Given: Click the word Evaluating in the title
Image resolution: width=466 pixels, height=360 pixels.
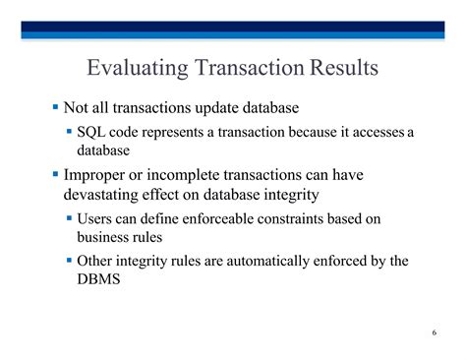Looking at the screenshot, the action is [138, 68].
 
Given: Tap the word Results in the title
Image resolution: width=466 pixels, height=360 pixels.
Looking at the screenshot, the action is [344, 67].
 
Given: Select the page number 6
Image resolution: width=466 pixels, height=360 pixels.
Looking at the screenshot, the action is [435, 332].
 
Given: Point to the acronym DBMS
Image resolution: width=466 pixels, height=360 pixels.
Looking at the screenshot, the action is [98, 278].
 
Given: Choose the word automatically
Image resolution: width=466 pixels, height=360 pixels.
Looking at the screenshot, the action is [267, 262].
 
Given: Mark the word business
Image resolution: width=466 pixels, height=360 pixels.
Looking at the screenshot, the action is [98, 237].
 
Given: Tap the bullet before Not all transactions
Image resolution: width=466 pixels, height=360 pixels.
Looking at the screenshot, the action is [55, 106].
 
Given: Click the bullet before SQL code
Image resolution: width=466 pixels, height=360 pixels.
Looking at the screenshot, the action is [69, 132].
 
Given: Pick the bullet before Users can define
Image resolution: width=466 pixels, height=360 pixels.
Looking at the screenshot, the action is [69, 217].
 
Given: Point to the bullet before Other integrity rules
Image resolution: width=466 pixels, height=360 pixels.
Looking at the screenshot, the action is [69, 261].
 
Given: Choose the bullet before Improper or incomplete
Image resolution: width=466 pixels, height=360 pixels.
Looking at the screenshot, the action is [55, 173].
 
